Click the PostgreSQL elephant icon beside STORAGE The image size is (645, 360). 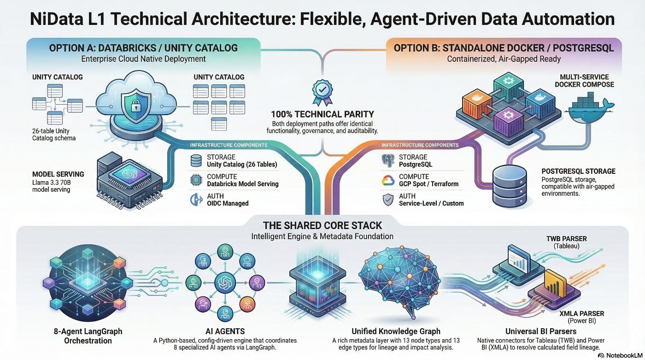pyautogui.click(x=389, y=160)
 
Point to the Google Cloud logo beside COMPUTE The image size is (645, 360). pyautogui.click(x=388, y=180)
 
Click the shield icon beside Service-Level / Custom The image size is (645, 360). pyautogui.click(x=388, y=199)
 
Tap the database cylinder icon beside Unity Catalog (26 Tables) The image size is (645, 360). pyautogui.click(x=196, y=160)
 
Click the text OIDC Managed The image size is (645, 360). pyautogui.click(x=228, y=203)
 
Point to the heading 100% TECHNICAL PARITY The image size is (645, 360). pyautogui.click(x=322, y=113)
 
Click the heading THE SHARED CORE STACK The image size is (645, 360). pyautogui.click(x=322, y=225)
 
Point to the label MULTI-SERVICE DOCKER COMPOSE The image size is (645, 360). pyautogui.click(x=584, y=81)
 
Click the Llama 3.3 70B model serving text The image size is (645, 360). pyautogui.click(x=51, y=186)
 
